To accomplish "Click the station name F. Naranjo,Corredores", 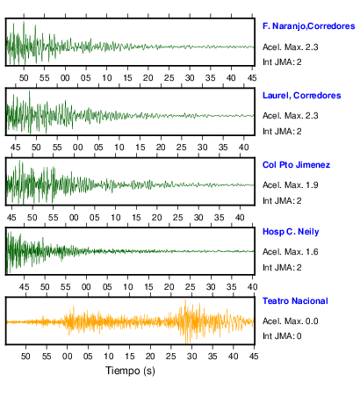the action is point(309,26).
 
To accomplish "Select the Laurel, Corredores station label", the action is point(302,96).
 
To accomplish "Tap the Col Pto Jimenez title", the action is point(296,165).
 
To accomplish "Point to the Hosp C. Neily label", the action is point(291,232).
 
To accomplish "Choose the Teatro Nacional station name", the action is point(295,301).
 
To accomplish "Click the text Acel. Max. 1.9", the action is point(290,185).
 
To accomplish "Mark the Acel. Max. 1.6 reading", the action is point(290,252).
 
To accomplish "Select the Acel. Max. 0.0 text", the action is point(290,321).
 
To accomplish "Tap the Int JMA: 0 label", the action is point(282,335).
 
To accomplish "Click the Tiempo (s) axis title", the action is point(130,371).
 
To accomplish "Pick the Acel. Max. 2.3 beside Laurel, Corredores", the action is point(290,116).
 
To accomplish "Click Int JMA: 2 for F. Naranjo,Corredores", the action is point(282,62).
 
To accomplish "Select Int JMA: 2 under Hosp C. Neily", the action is point(282,268).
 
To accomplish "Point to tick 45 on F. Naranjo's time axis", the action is point(252,78).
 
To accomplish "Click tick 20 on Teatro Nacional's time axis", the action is point(150,356).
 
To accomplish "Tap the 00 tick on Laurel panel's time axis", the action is point(77,148).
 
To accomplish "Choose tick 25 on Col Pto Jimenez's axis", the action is point(177,218).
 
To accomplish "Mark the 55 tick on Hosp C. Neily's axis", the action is point(66,287).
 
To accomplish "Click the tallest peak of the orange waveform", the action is point(185,299).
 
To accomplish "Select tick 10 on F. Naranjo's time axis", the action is point(107,78).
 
